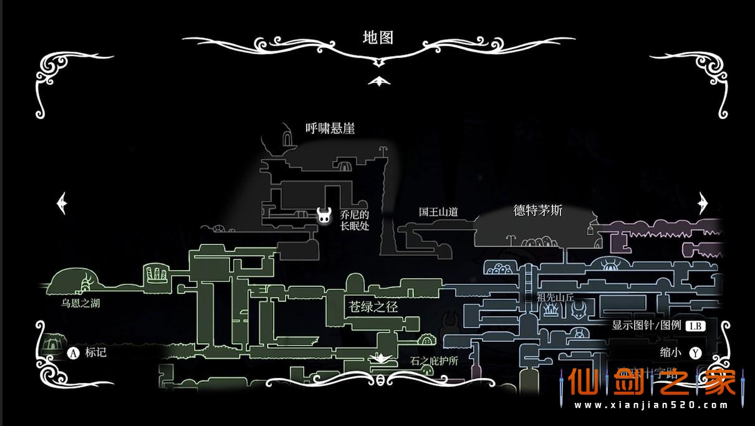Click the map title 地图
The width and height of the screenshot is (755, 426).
tap(378, 37)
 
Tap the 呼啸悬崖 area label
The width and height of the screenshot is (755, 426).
tap(330, 128)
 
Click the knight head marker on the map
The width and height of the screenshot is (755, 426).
tap(324, 215)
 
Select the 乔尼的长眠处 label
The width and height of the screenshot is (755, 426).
tap(355, 220)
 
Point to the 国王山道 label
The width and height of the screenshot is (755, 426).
tap(438, 212)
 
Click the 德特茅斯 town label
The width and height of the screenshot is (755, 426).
tap(537, 211)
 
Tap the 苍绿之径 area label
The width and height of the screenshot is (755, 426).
tap(373, 307)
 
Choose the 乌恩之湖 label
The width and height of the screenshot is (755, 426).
tap(80, 304)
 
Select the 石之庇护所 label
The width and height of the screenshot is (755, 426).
tap(435, 361)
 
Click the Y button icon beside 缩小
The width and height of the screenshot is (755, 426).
tap(696, 353)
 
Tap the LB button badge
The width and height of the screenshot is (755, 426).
tap(695, 326)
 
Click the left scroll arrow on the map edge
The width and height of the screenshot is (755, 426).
tap(62, 203)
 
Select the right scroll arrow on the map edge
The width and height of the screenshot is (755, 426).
tap(703, 203)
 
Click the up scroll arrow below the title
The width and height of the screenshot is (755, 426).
tap(378, 81)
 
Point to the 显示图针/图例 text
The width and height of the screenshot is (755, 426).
tap(646, 326)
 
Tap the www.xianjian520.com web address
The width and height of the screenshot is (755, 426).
tap(652, 405)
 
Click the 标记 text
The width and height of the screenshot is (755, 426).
tap(95, 352)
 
